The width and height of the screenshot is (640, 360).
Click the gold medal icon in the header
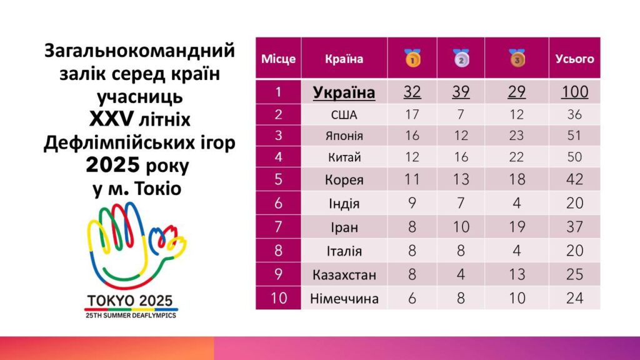pos(412,58)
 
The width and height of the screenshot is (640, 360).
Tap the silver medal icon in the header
pos(461,58)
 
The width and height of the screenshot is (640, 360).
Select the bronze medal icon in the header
pos(517,58)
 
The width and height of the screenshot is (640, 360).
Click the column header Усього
pos(574,59)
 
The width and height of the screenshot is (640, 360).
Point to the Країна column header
pos(344,59)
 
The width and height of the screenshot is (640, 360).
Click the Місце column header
pos(278,59)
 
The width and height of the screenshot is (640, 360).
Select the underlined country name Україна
pos(344,92)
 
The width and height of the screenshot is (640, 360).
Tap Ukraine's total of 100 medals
pos(574,92)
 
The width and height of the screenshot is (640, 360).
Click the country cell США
pos(344,114)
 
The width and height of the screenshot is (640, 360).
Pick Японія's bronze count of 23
pos(517,136)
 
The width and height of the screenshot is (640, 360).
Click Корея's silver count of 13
pos(461,179)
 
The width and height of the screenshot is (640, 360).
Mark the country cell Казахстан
pos(344,274)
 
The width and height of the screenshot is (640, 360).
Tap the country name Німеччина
pos(344,298)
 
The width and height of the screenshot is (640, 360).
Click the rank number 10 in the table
pos(278,298)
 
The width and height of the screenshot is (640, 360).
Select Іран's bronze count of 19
pos(517,227)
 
